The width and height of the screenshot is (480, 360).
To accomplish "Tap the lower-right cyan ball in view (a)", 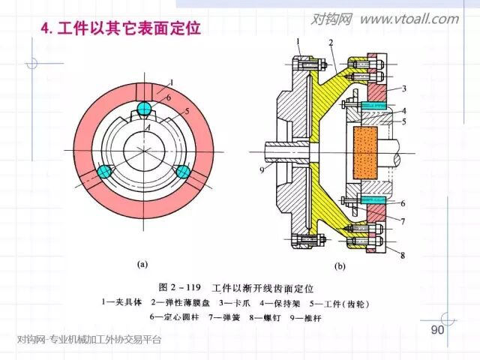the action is pyautogui.click(x=181, y=172).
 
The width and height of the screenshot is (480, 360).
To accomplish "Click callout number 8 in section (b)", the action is pyautogui.click(x=403, y=256).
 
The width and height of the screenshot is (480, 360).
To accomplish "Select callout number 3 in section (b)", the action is pyautogui.click(x=403, y=88).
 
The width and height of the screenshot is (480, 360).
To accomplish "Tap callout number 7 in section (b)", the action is pyautogui.click(x=403, y=221).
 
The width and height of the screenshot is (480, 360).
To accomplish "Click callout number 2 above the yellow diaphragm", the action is pyautogui.click(x=330, y=43).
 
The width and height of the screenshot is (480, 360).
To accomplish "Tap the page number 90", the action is pyautogui.click(x=438, y=331).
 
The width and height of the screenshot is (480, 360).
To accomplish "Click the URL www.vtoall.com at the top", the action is pyautogui.click(x=409, y=19).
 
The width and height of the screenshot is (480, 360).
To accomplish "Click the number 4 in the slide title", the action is pyautogui.click(x=44, y=29).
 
